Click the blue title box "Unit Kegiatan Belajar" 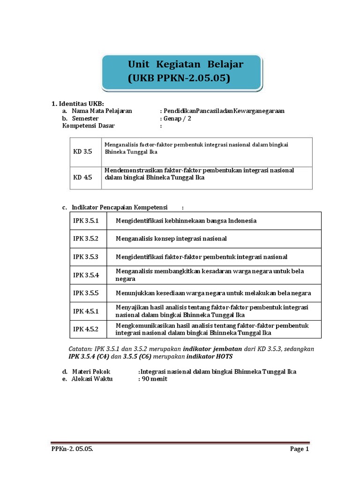point(182,72)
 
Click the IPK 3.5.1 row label point(86,221)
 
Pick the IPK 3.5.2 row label point(86,239)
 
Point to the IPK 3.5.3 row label point(86,257)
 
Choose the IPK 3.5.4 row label point(86,275)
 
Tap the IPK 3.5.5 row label point(86,293)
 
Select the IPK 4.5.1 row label point(86,311)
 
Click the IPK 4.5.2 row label point(86,329)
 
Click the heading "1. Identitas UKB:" point(77,104)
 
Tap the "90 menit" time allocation point(154,379)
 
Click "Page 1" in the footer point(300,449)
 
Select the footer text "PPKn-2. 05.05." point(72,449)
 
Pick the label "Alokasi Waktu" point(92,379)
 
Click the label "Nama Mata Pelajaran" point(102,111)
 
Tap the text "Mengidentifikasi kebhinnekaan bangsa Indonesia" point(186,221)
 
